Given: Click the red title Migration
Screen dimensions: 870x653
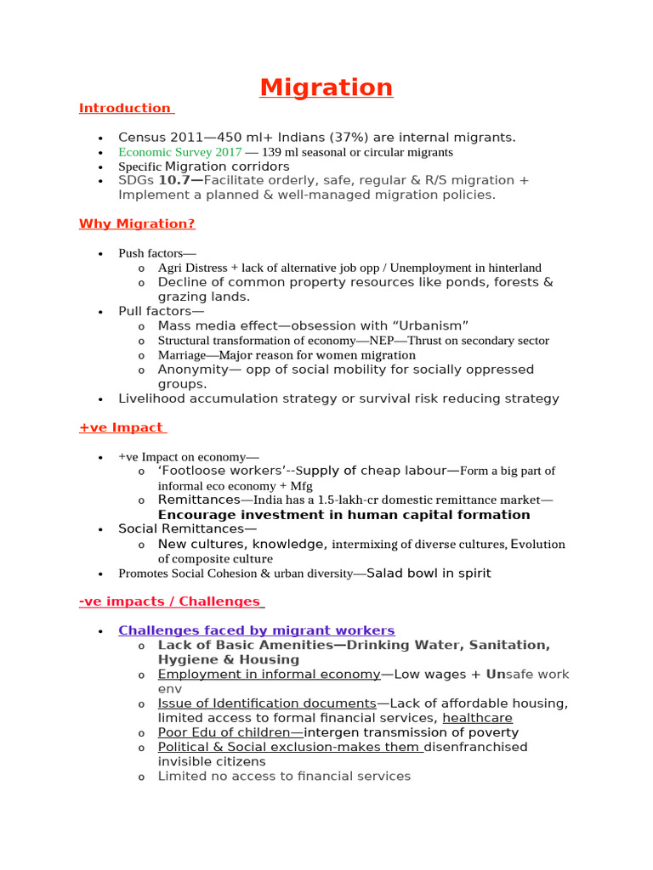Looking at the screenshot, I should (x=326, y=88).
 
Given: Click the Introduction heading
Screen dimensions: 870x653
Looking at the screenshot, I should (x=125, y=108).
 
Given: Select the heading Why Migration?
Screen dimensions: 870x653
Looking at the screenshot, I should (x=137, y=224).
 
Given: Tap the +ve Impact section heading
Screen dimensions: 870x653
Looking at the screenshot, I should (x=121, y=427).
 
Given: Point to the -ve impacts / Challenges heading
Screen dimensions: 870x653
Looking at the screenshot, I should (x=170, y=602).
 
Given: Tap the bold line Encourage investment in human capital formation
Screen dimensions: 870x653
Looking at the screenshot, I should (x=344, y=515).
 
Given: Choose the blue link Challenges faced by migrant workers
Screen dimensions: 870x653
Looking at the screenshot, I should (x=257, y=630).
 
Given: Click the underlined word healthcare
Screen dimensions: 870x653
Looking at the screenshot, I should (x=477, y=718).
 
